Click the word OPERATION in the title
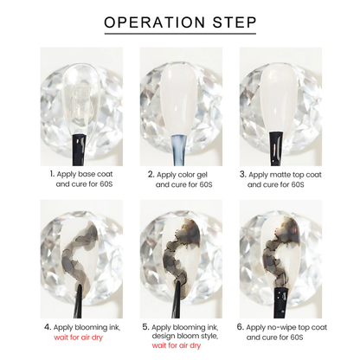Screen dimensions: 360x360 click(155, 22)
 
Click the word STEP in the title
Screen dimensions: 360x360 click(235, 22)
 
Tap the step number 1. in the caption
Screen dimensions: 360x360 click(52, 174)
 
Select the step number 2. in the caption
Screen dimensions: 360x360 click(151, 175)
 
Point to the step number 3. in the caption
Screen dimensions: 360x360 click(243, 175)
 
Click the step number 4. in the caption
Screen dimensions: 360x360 click(48, 327)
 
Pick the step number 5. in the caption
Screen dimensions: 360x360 click(145, 327)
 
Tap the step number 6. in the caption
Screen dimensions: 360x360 click(241, 327)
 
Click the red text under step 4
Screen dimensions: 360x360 click(78, 337)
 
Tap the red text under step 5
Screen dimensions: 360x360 click(177, 345)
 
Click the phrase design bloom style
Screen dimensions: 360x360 click(185, 336)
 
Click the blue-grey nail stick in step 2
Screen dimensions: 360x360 click(179, 150)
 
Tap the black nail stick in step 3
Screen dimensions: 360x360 click(276, 149)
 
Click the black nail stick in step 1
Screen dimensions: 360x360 click(79, 150)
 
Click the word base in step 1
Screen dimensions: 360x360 click(87, 174)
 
